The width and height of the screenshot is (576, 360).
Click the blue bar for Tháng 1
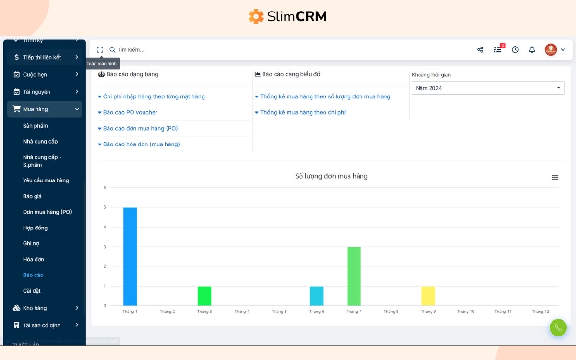pyautogui.click(x=130, y=256)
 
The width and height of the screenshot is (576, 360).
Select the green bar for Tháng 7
pyautogui.click(x=354, y=276)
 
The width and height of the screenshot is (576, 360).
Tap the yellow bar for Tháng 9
pyautogui.click(x=428, y=296)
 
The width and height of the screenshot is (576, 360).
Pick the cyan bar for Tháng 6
pyautogui.click(x=316, y=296)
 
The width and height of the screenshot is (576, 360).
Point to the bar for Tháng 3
pyautogui.click(x=204, y=296)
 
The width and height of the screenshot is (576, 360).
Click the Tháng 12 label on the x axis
pyautogui.click(x=540, y=312)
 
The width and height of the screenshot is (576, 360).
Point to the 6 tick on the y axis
pyautogui.click(x=105, y=188)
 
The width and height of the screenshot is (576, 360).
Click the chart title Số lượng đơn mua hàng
pyautogui.click(x=331, y=176)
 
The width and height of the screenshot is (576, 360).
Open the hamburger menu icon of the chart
pyautogui.click(x=555, y=177)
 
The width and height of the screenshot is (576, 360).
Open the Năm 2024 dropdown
pyautogui.click(x=488, y=88)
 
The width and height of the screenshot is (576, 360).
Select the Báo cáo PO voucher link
pyautogui.click(x=130, y=112)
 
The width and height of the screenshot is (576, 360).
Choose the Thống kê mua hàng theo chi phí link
pyautogui.click(x=302, y=112)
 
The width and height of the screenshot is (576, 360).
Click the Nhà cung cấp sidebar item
pyautogui.click(x=40, y=141)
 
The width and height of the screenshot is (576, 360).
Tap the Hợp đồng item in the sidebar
pyautogui.click(x=35, y=228)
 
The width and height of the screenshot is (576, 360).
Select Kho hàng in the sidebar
pyautogui.click(x=35, y=308)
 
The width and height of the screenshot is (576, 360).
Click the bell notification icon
pyautogui.click(x=532, y=49)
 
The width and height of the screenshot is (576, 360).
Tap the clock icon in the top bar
pyautogui.click(x=515, y=49)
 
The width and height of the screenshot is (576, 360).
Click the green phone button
pyautogui.click(x=558, y=328)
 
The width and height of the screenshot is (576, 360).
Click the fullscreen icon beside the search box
pyautogui.click(x=100, y=49)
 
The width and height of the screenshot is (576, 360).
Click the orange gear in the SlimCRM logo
pyautogui.click(x=256, y=16)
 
